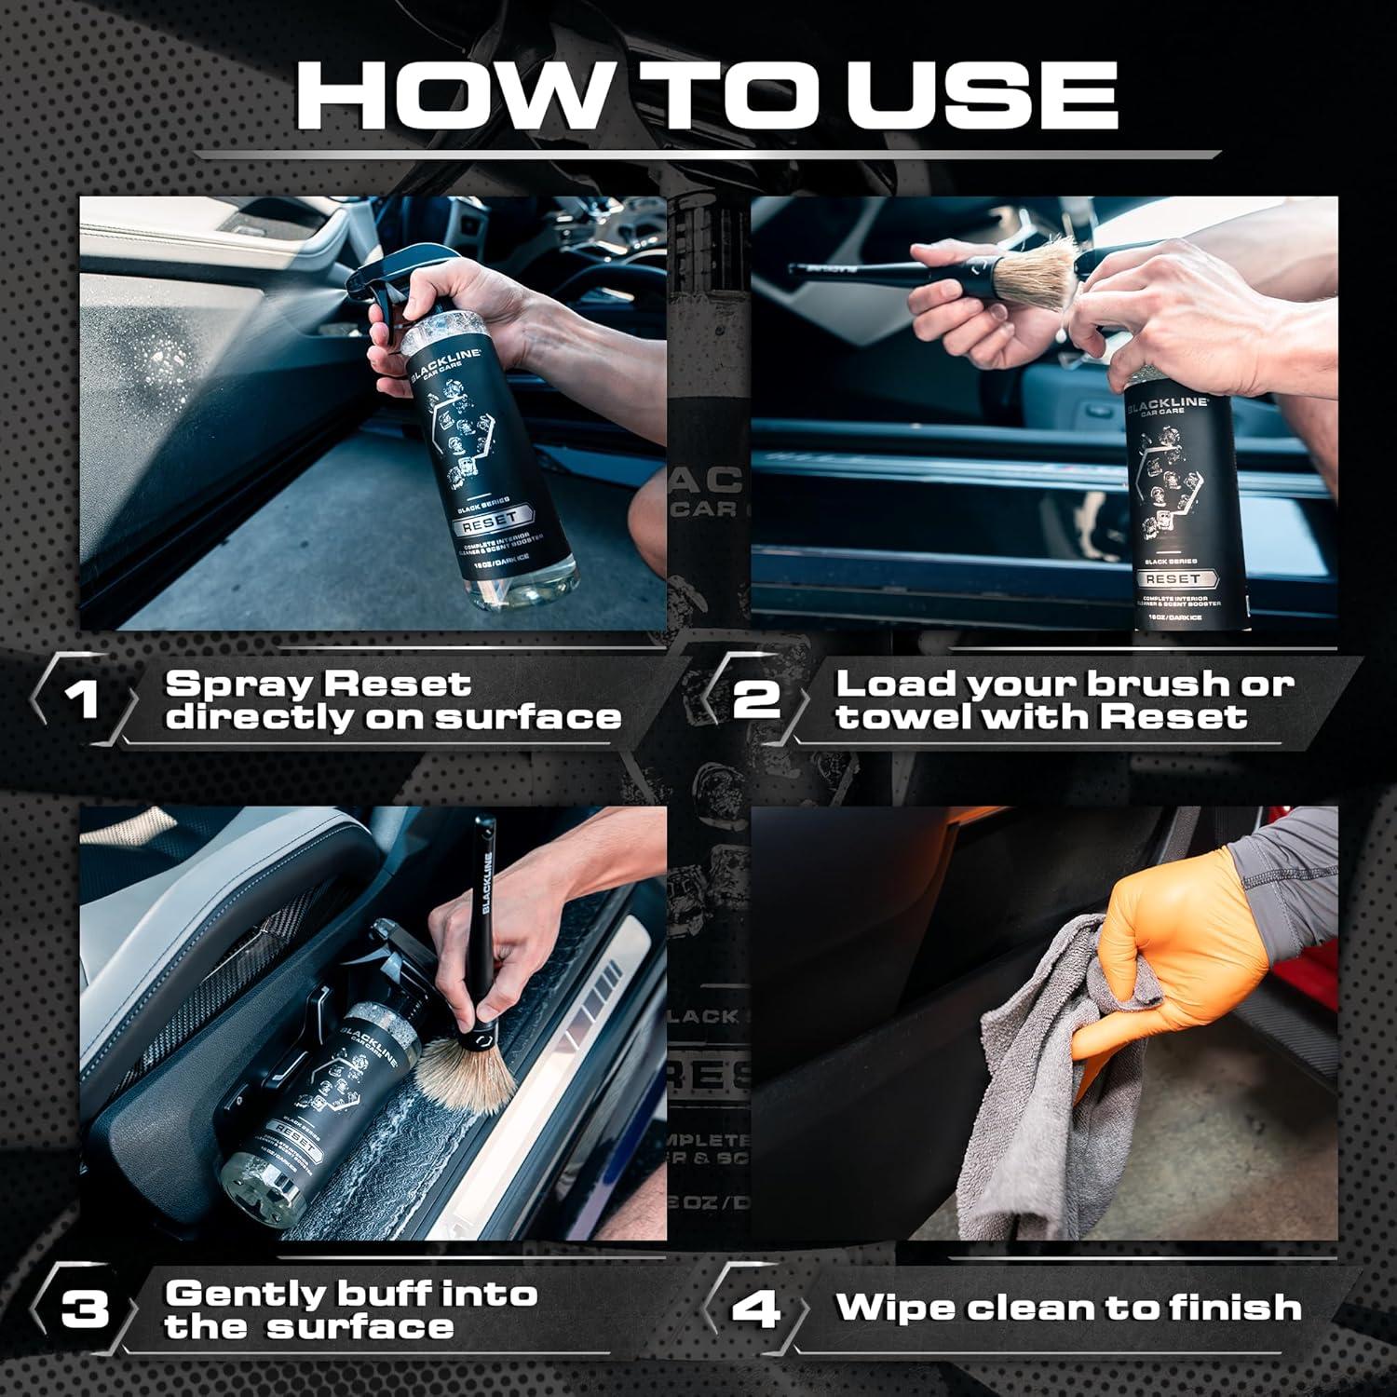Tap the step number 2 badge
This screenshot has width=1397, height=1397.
pos(755,698)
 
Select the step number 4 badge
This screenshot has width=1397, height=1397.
pos(755,1309)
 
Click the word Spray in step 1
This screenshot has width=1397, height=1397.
pos(236,684)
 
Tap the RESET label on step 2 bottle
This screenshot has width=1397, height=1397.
pos(1173,578)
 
